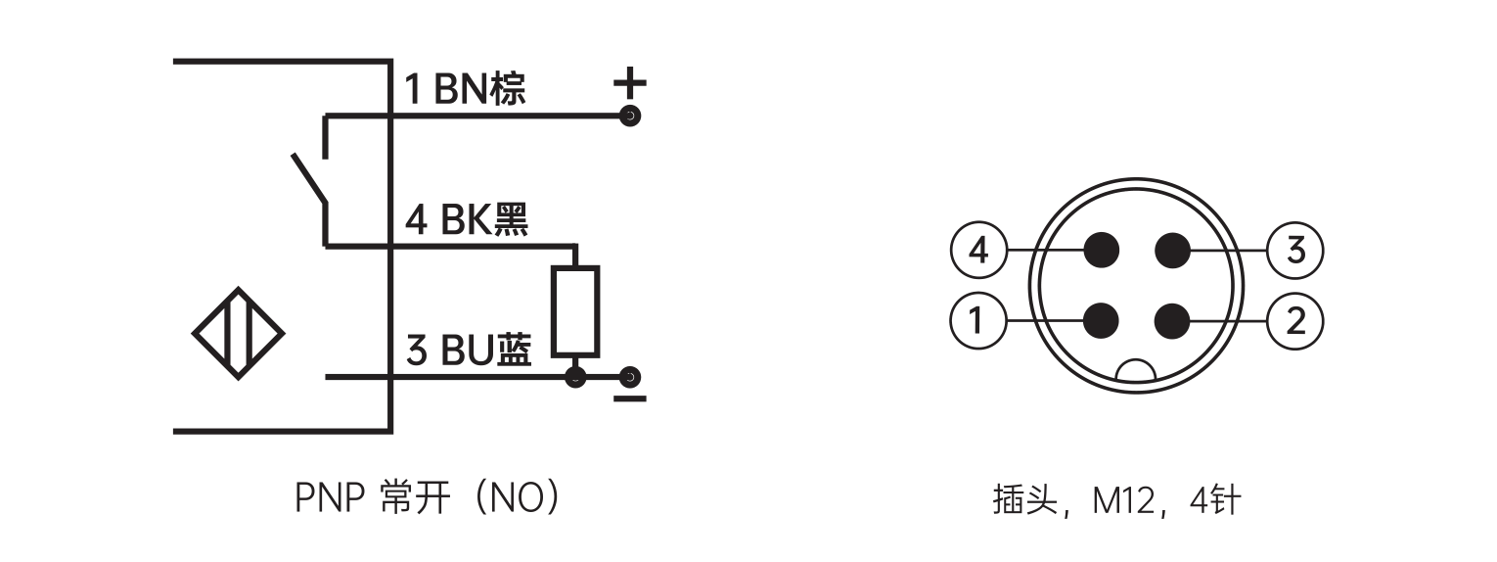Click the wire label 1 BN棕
click(465, 89)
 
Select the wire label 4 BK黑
click(467, 220)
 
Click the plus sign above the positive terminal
click(630, 82)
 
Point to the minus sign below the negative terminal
click(631, 399)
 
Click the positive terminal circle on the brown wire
click(631, 117)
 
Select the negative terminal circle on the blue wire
click(631, 377)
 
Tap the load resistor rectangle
click(575, 310)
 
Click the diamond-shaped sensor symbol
click(238, 334)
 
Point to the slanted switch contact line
click(308, 179)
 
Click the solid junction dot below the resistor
click(575, 377)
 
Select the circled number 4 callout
click(978, 252)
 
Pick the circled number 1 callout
click(978, 320)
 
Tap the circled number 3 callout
click(1295, 252)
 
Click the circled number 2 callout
click(1295, 320)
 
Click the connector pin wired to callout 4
click(1102, 251)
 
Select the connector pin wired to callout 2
click(1171, 319)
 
